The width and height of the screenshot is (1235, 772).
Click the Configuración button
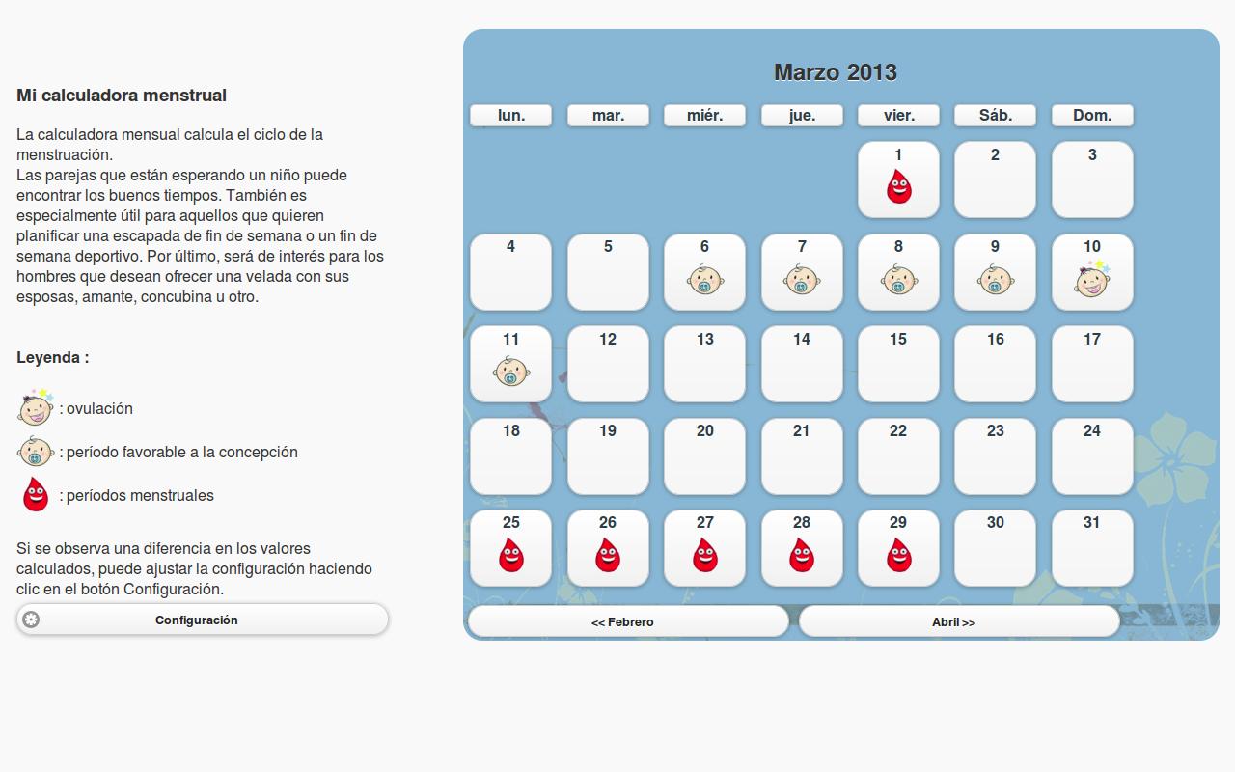203,620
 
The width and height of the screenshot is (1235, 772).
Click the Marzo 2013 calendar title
836,72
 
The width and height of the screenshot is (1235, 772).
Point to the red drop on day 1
898,186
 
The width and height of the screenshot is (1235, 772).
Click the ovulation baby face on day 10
1092,279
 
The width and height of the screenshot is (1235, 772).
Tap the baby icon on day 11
511,372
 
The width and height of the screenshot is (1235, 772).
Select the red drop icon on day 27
704,555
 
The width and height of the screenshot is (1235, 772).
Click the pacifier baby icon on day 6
704,279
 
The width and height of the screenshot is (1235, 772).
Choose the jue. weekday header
802,115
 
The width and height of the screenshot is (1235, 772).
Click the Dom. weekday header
1092,115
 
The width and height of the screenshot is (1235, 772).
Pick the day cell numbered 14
802,364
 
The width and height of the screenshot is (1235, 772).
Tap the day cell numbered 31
1092,548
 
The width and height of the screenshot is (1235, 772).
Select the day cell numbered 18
510,456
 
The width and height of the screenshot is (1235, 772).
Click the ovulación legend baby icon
36,407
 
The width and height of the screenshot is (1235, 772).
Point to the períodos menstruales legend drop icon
36,494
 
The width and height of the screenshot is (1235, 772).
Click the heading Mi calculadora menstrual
122,96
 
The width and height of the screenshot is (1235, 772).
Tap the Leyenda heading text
53,357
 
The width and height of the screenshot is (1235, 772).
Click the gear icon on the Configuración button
31,620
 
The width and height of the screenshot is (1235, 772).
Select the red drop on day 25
511,555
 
